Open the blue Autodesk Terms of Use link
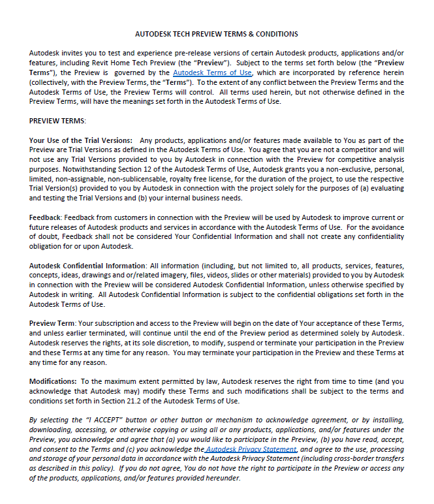coord(212,73)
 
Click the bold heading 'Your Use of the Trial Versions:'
coord(81,140)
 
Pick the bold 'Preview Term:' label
coord(53,324)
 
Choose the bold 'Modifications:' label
coord(54,381)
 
